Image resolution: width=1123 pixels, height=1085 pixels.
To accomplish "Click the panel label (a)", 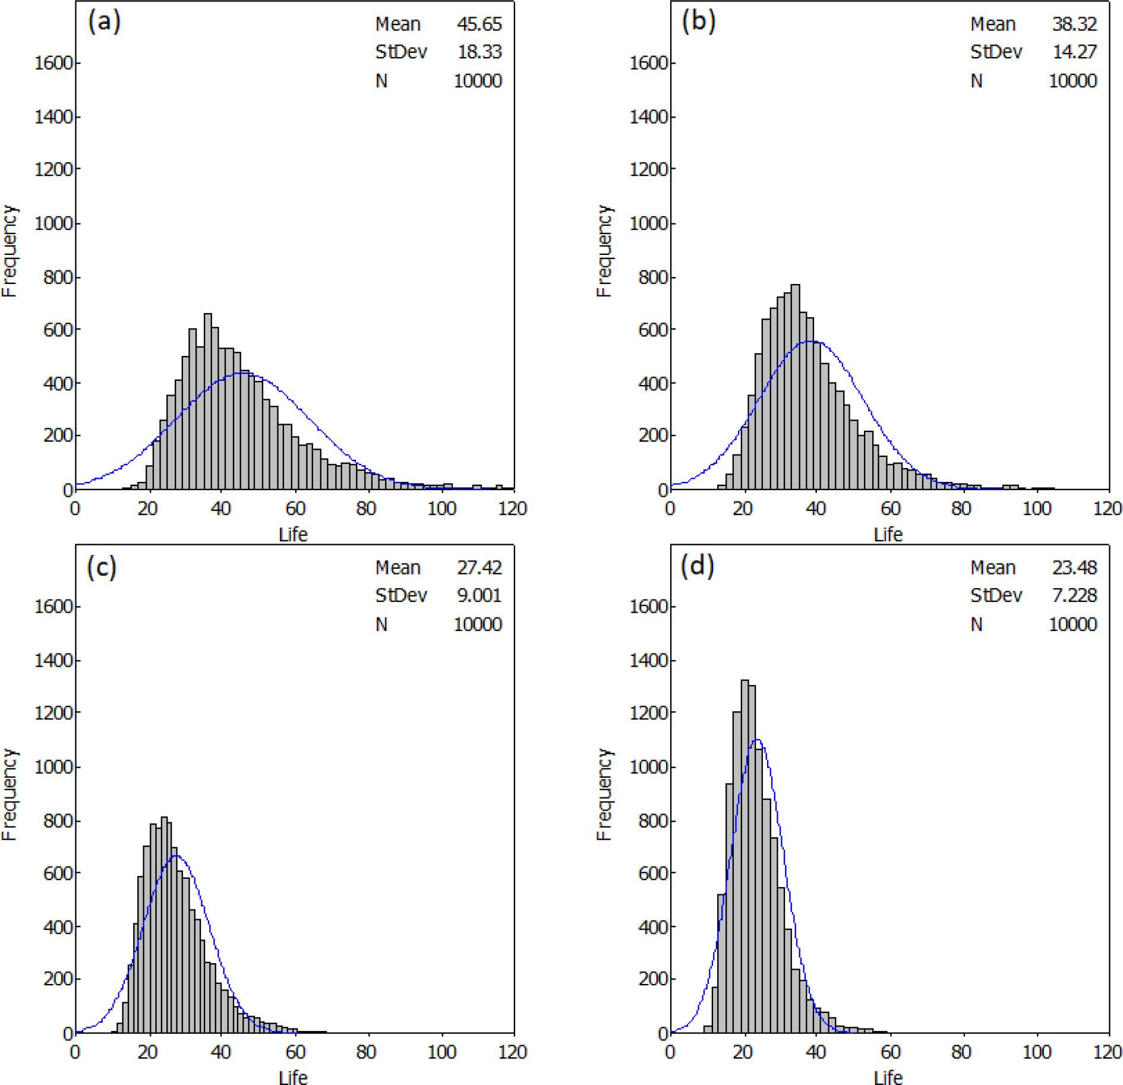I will pyautogui.click(x=104, y=23).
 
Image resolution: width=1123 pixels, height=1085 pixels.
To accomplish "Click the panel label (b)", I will pyautogui.click(x=699, y=23).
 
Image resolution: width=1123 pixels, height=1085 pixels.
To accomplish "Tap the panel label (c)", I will pyautogui.click(x=102, y=567).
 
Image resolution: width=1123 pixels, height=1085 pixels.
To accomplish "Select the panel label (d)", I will pyautogui.click(x=698, y=566).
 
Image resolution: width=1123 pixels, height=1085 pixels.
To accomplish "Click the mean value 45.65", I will pyautogui.click(x=479, y=24).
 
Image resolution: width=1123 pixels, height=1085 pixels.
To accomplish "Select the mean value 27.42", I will pyautogui.click(x=479, y=567).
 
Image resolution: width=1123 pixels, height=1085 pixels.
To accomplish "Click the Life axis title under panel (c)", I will pyautogui.click(x=293, y=1077).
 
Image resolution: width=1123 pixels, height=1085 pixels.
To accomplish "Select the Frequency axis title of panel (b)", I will pyautogui.click(x=604, y=250).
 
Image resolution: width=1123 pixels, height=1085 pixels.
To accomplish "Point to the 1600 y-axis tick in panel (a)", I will pyautogui.click(x=55, y=64).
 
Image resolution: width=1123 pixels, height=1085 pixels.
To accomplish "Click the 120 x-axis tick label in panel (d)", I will pyautogui.click(x=1108, y=1052).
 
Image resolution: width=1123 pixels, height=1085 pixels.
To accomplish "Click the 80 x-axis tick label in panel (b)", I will pyautogui.click(x=961, y=509).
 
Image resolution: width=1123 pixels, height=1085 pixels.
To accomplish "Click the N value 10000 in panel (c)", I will pyautogui.click(x=478, y=624).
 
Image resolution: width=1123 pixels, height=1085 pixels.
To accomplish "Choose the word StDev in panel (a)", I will pyautogui.click(x=401, y=52).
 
